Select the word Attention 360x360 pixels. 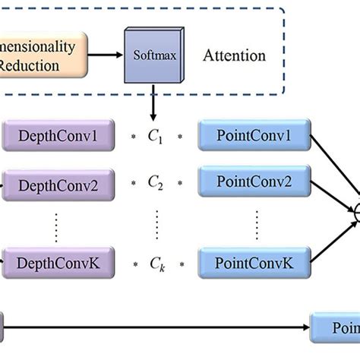coord(234,55)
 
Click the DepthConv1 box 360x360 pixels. coord(65,137)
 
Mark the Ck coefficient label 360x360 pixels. coord(156,264)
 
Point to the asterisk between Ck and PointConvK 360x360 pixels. coord(182,265)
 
